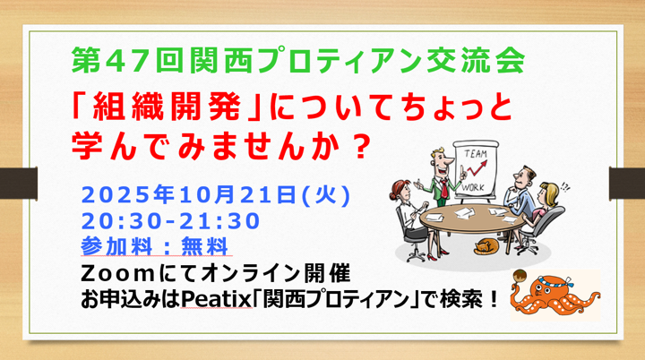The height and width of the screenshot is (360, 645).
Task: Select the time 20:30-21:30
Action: (169, 220)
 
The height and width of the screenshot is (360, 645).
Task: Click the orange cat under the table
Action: (486, 247)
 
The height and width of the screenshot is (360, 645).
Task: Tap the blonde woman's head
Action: (546, 193)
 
